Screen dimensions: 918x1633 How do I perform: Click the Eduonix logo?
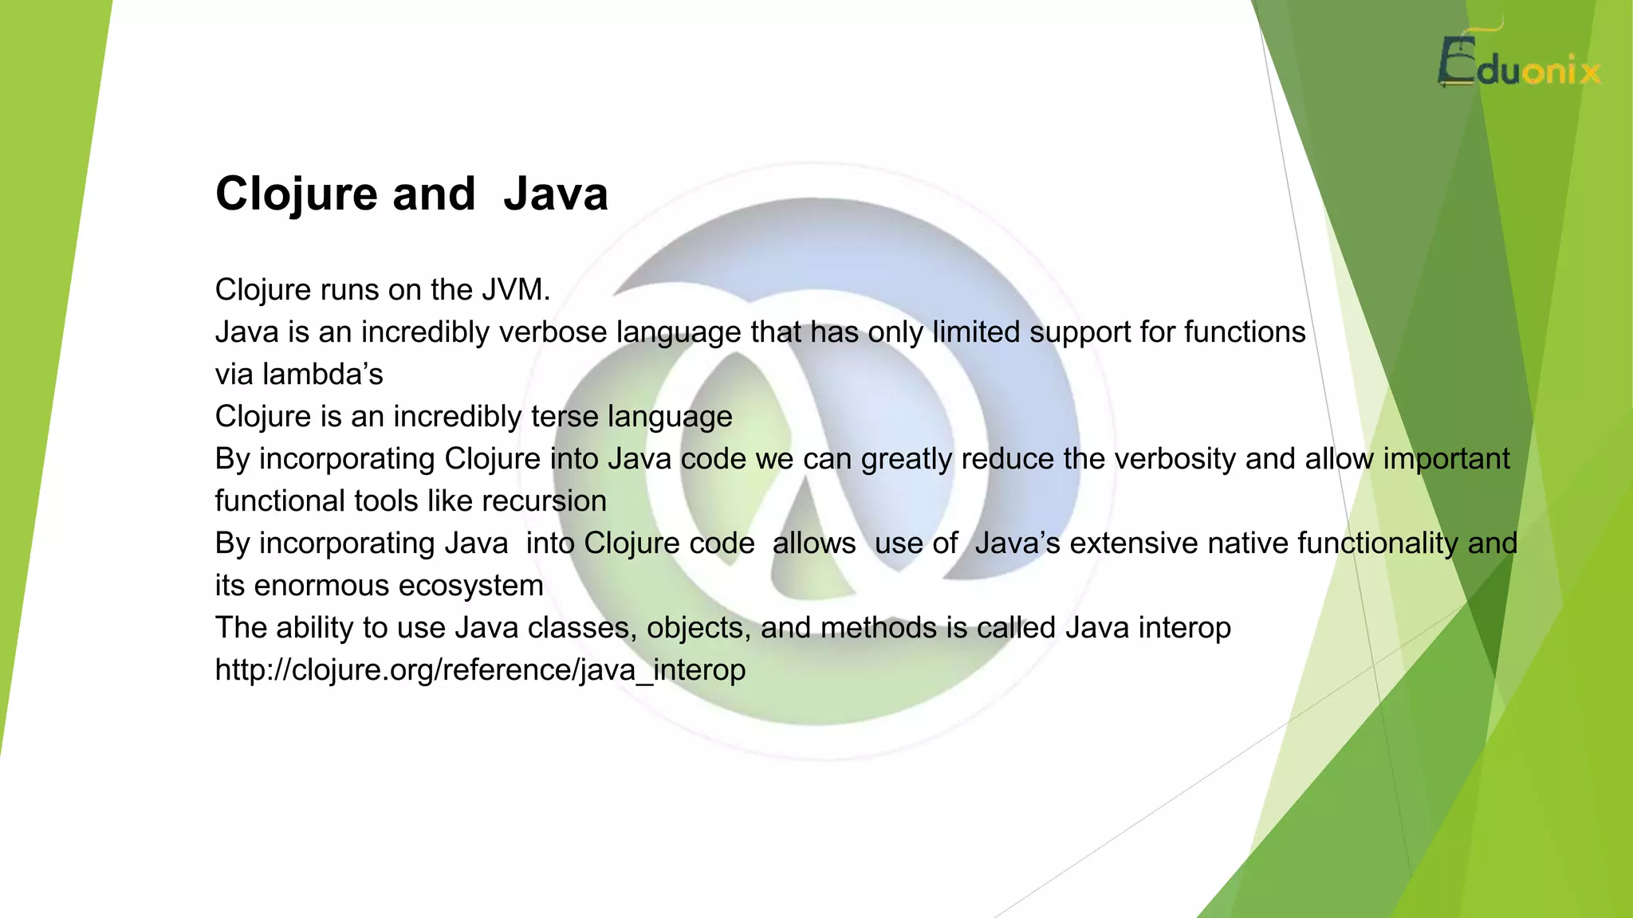click(1519, 64)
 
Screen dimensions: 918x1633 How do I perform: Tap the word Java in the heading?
click(556, 194)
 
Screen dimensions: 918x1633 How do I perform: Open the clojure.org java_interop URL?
click(480, 670)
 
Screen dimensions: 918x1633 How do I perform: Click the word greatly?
click(907, 459)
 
